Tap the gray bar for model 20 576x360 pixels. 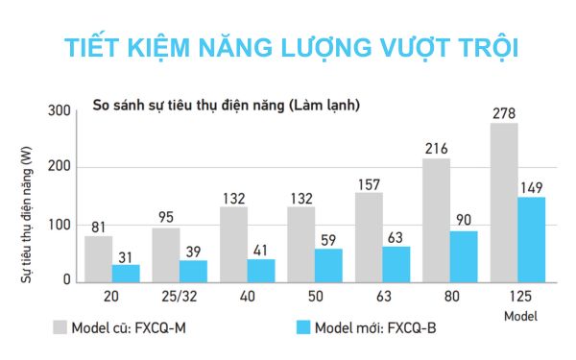98,258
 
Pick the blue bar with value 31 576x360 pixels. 126,273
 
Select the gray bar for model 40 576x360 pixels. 233,244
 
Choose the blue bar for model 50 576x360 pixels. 329,265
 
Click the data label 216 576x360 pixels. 437,149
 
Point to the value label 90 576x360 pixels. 464,220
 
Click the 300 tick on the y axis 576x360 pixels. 60,112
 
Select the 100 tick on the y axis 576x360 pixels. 60,226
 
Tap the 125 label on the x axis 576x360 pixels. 518,298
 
